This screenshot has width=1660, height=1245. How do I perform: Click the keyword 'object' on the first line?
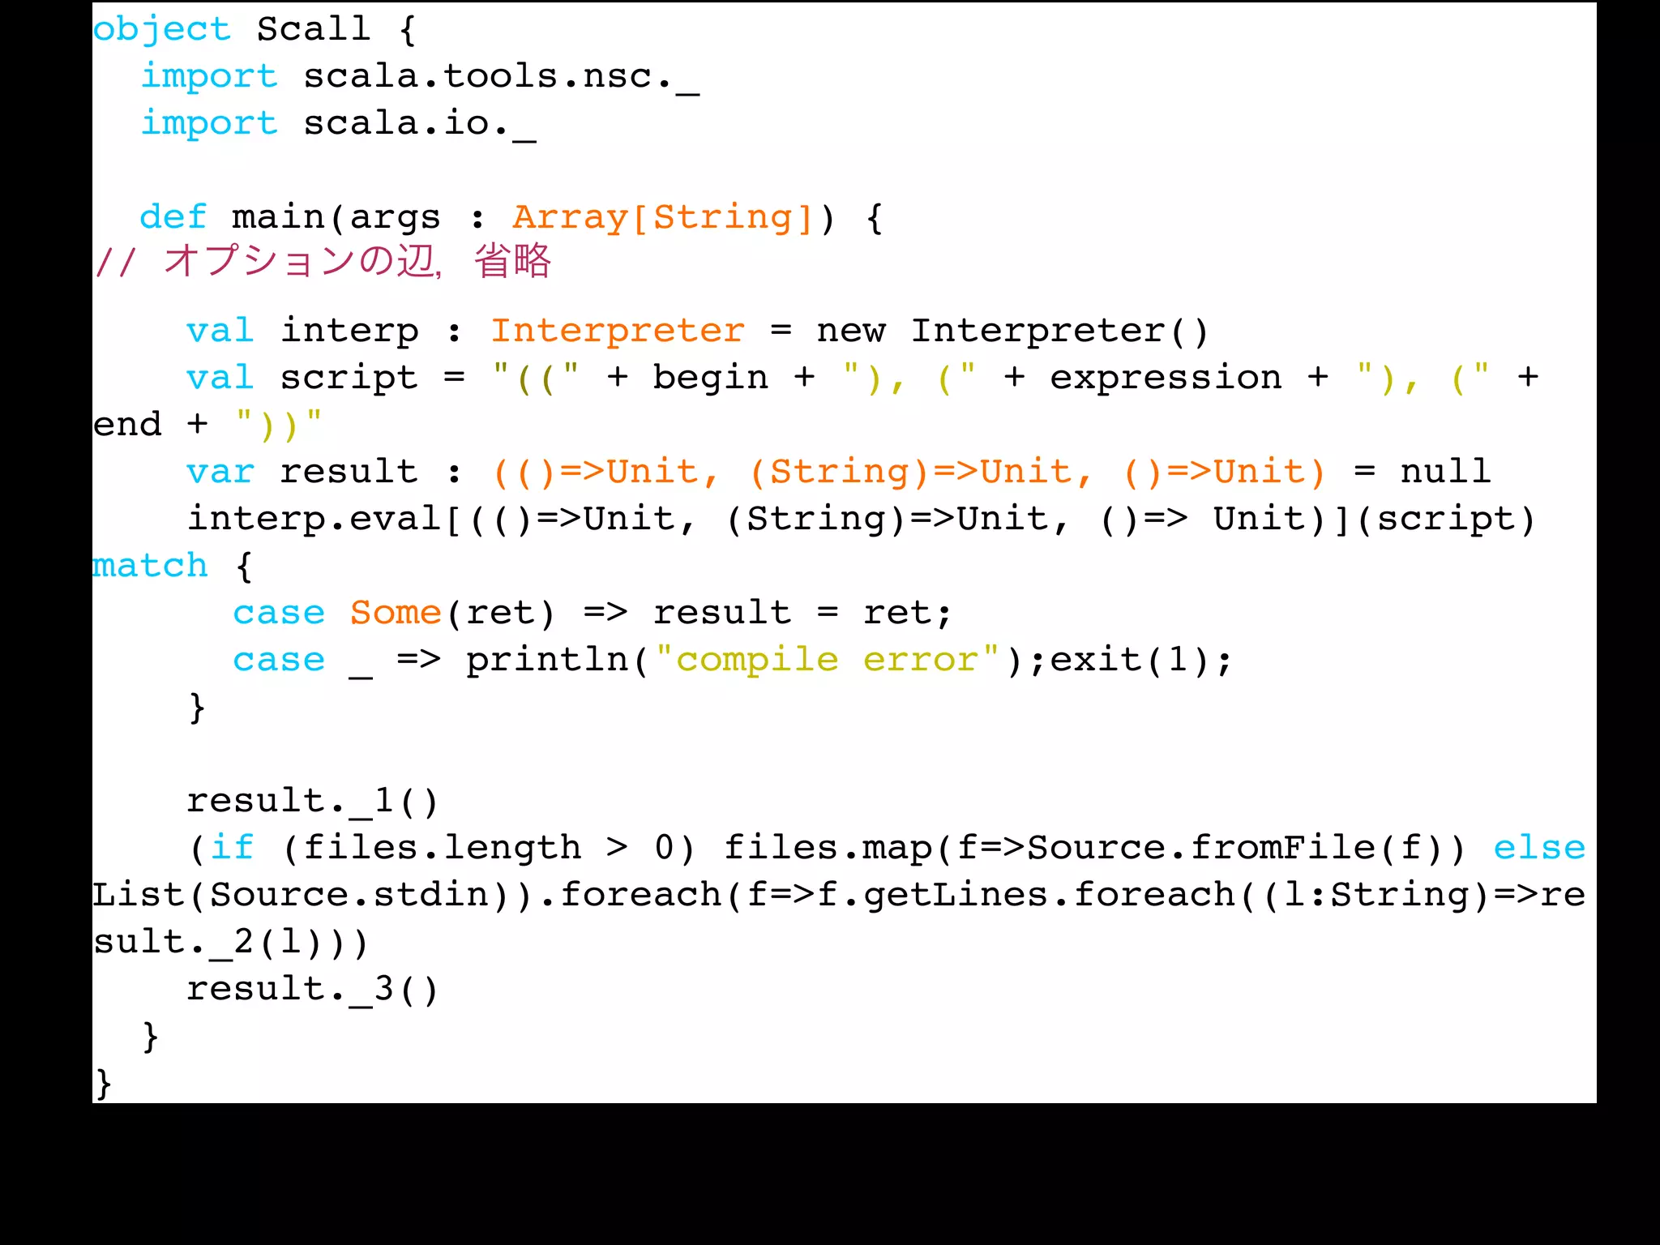(161, 30)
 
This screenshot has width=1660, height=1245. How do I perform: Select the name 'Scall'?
(313, 30)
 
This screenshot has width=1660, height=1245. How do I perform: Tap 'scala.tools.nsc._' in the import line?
(500, 77)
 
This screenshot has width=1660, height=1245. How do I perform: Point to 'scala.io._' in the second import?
(419, 124)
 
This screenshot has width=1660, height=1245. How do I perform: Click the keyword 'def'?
(173, 217)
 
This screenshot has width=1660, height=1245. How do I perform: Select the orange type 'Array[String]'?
(662, 217)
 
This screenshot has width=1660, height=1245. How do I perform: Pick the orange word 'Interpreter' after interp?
(617, 331)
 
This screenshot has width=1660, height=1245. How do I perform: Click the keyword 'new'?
(850, 331)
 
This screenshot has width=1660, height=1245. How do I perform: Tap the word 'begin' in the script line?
(710, 378)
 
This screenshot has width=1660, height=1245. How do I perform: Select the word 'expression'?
(1166, 378)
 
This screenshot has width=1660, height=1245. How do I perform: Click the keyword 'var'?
(220, 472)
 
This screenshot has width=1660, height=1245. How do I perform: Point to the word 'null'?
(1445, 472)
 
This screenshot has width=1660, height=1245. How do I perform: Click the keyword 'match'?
(150, 566)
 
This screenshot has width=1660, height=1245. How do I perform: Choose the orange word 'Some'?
(396, 613)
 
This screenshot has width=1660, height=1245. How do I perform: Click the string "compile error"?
(827, 660)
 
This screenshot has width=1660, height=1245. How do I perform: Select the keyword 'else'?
(1538, 848)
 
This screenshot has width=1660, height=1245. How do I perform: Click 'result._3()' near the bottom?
(312, 989)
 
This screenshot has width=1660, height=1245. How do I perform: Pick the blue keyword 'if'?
(232, 848)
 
